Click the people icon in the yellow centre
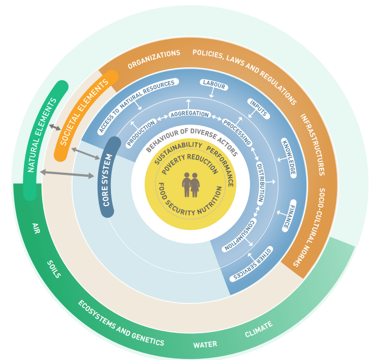tap(191, 184)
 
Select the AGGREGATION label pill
tap(189, 114)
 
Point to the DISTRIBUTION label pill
tap(260, 182)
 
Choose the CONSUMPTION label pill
tap(240, 234)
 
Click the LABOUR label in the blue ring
tap(214, 85)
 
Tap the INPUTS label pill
tap(258, 108)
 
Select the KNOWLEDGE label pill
tap(289, 157)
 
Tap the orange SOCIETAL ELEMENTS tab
tap(86, 115)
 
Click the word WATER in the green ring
tap(205, 345)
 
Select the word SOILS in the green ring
tap(54, 269)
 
